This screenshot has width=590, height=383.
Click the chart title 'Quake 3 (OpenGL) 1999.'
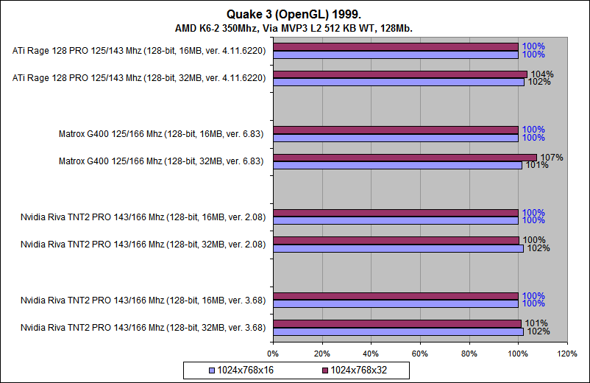295,13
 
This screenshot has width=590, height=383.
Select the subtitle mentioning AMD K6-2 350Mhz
294,27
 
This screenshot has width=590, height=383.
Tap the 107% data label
551,158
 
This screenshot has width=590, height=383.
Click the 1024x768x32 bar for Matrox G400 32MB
405,157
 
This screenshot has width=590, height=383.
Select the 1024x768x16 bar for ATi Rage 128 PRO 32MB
398,82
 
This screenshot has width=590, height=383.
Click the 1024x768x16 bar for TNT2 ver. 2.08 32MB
398,248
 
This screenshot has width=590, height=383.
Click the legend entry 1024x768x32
356,369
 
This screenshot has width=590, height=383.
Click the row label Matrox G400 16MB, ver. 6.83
162,134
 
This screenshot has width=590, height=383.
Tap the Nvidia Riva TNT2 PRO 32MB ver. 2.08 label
143,243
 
